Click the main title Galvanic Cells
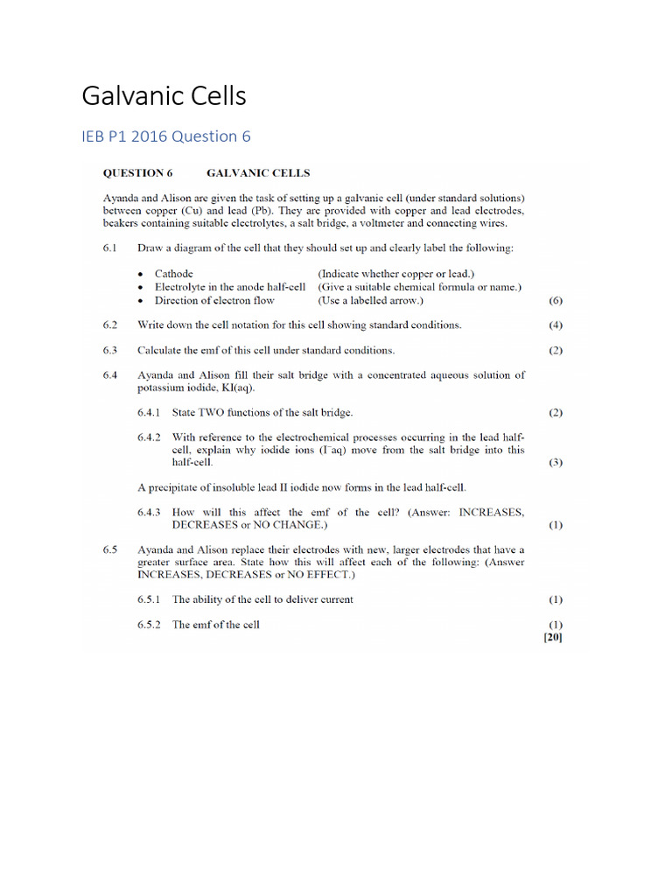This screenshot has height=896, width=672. click(164, 96)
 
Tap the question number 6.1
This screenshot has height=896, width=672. click(109, 248)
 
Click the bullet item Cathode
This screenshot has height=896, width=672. click(174, 273)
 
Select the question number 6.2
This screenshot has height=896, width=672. click(109, 325)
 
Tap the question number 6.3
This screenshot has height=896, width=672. click(109, 350)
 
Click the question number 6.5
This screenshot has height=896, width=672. click(109, 549)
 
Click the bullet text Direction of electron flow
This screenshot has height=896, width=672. click(214, 300)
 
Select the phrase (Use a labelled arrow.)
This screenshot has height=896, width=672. click(370, 300)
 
